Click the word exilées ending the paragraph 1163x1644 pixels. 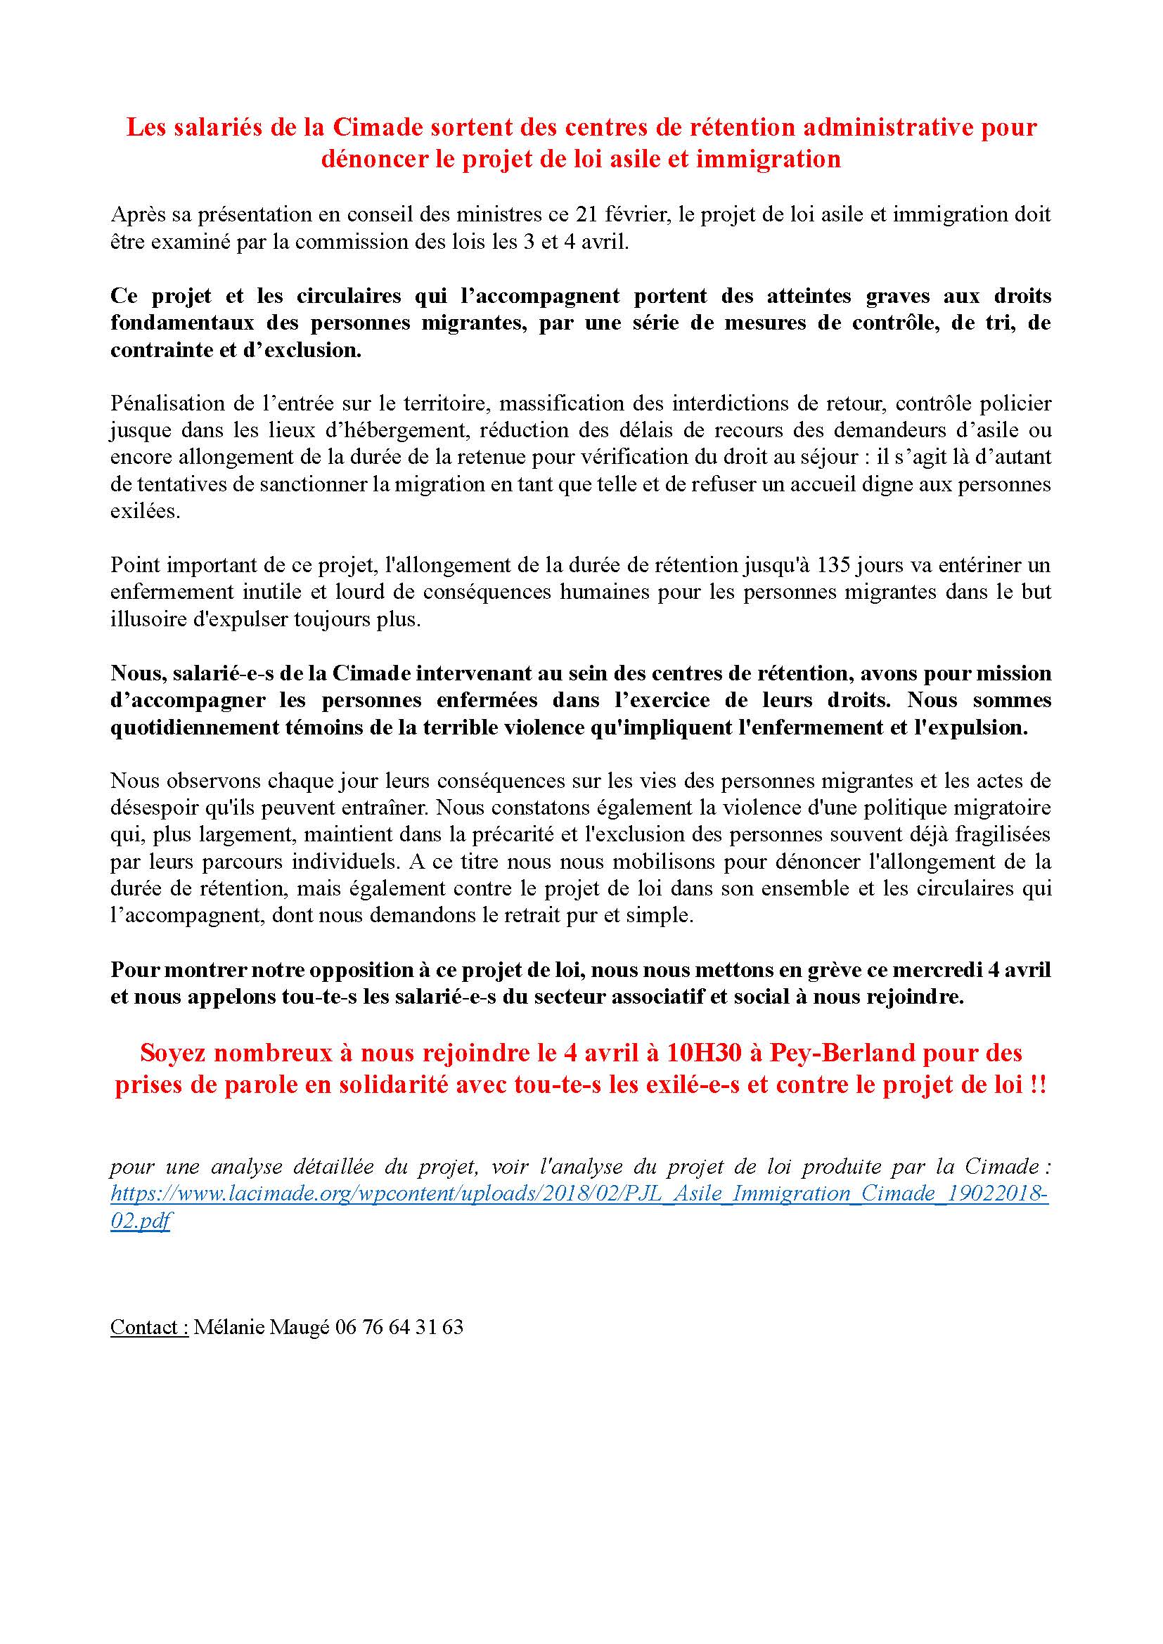point(145,512)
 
